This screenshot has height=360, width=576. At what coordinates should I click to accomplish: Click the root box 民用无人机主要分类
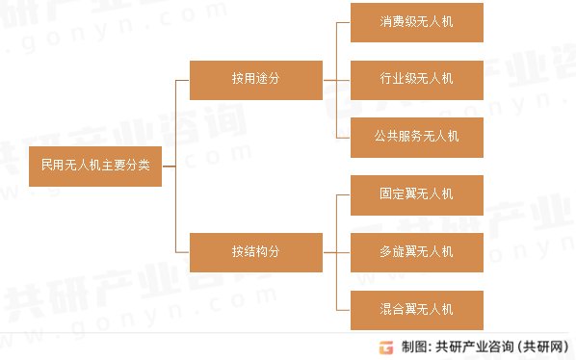[95, 166]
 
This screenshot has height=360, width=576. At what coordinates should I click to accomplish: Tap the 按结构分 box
[256, 251]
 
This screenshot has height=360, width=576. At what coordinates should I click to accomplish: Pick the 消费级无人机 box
[416, 22]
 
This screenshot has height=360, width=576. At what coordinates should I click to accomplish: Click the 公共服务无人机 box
[416, 137]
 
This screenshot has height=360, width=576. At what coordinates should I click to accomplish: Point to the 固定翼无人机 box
[416, 193]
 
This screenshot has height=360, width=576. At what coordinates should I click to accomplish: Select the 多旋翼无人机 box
[416, 251]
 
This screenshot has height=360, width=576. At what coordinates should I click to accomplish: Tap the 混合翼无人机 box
[416, 309]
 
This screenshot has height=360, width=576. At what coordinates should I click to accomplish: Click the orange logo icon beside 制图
[385, 347]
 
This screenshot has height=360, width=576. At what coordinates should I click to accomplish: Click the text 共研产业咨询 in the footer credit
[474, 347]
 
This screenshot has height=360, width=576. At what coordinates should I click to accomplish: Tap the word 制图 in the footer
[413, 347]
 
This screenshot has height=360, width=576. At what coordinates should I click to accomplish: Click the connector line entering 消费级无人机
[343, 22]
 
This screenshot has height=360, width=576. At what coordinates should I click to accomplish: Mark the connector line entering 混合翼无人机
[343, 309]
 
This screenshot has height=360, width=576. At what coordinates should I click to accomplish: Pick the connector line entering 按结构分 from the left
[182, 251]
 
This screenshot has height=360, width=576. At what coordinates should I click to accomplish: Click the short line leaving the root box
[169, 166]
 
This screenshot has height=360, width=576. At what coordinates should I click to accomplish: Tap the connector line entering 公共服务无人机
[343, 137]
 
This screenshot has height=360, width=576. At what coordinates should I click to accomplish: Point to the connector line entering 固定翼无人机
[343, 193]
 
